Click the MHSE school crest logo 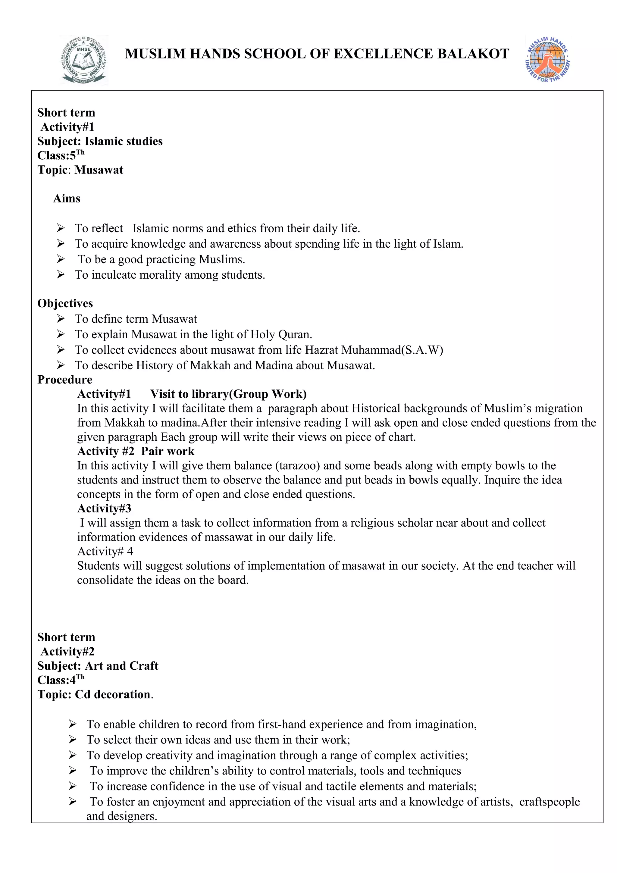[84, 60]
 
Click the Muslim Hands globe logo [547, 59]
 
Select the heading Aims [67, 199]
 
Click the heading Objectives [65, 303]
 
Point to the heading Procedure [65, 380]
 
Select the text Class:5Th [61, 155]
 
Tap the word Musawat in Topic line [99, 170]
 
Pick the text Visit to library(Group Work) [228, 394]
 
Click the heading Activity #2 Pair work [136, 451]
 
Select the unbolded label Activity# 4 [105, 551]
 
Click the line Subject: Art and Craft [98, 665]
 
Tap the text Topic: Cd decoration [95, 694]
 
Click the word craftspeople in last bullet [549, 802]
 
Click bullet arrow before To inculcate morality [61, 274]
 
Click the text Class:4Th [61, 680]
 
